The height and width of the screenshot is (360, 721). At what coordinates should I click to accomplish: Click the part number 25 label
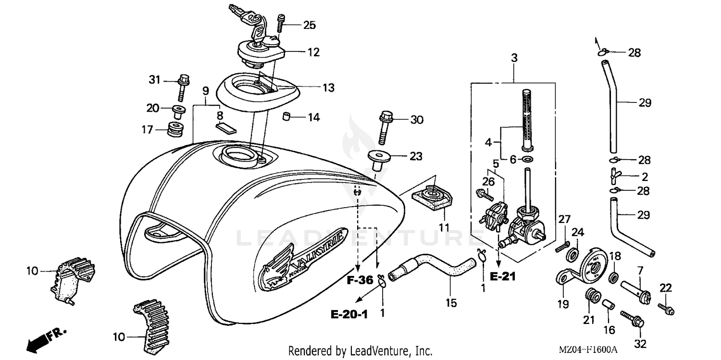tap(309, 25)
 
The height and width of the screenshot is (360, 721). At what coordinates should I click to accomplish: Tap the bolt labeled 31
tap(183, 87)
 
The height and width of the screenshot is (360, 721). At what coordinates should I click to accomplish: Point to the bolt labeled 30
tap(385, 127)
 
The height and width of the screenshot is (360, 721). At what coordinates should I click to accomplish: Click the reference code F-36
tap(360, 281)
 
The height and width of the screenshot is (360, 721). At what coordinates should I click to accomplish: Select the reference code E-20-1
tap(349, 314)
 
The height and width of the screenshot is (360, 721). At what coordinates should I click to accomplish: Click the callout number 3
tap(514, 59)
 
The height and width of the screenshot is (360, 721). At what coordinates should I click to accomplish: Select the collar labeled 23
tap(379, 161)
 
